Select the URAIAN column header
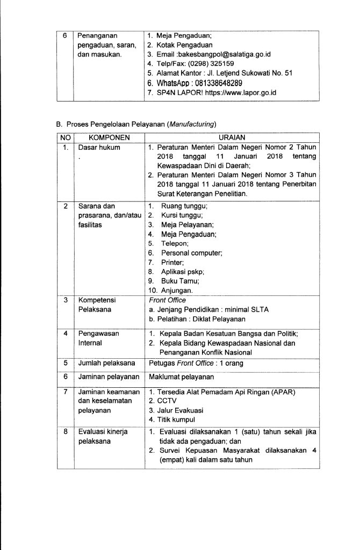[232, 137]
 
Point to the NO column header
[64, 137]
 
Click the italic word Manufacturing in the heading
[191, 125]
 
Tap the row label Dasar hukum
[99, 147]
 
